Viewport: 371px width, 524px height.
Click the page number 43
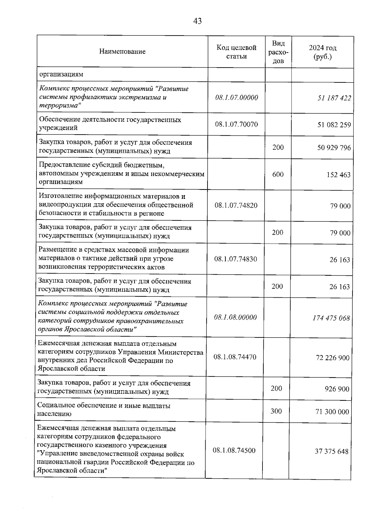pyautogui.click(x=198, y=21)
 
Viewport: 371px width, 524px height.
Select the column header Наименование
pyautogui.click(x=122, y=52)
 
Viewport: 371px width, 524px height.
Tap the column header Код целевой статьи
pyautogui.click(x=237, y=52)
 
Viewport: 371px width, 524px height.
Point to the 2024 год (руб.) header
pyautogui.click(x=322, y=52)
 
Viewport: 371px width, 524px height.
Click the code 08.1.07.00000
pyautogui.click(x=237, y=98)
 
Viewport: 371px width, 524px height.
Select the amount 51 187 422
pyautogui.click(x=334, y=98)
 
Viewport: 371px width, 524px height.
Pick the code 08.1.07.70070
pyautogui.click(x=237, y=124)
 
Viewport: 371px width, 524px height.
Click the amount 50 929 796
pyautogui.click(x=334, y=148)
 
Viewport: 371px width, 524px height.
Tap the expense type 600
pyautogui.click(x=278, y=174)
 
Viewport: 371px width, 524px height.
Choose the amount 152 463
pyautogui.click(x=339, y=175)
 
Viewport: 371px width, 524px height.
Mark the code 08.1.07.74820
pyautogui.click(x=236, y=205)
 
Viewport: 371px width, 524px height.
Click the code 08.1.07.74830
pyautogui.click(x=236, y=259)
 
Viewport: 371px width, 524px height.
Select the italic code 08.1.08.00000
pyautogui.click(x=235, y=317)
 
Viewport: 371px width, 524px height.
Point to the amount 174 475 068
pyautogui.click(x=331, y=318)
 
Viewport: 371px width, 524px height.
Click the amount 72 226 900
pyautogui.click(x=333, y=358)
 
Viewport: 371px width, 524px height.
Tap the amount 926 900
pyautogui.click(x=337, y=389)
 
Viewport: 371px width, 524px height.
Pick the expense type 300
pyautogui.click(x=276, y=411)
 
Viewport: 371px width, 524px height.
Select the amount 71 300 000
pyautogui.click(x=332, y=412)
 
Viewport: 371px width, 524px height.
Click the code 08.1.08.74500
pyautogui.click(x=234, y=451)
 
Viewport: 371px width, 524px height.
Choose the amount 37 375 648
pyautogui.click(x=332, y=451)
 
